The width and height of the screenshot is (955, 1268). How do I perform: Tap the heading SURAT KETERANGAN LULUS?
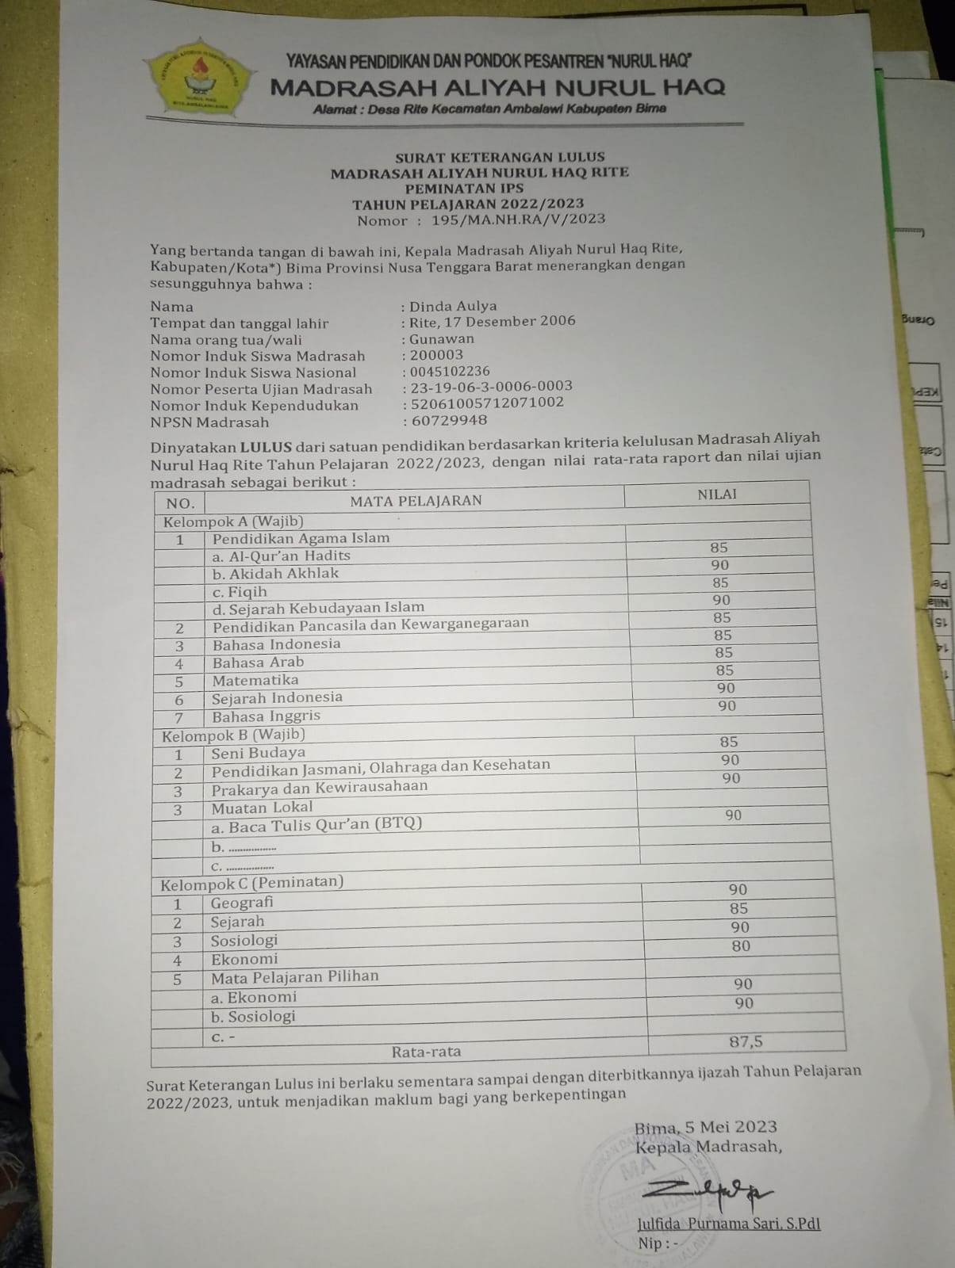tap(500, 157)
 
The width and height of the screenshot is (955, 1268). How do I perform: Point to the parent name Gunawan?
tap(442, 338)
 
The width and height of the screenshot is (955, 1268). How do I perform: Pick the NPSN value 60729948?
tap(448, 420)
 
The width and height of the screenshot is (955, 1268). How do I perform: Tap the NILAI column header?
tap(717, 494)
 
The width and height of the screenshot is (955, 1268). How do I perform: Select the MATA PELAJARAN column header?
tap(416, 500)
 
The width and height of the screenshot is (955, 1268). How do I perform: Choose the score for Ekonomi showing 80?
tap(741, 945)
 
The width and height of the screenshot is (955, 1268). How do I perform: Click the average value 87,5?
tap(746, 1041)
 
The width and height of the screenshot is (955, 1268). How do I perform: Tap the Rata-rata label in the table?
tap(426, 1052)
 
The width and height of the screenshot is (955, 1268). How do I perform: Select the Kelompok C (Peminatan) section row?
tap(252, 882)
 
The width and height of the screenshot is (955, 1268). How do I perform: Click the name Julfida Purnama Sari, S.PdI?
tap(728, 1224)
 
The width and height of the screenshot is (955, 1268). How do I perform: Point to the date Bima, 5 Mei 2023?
tap(705, 1126)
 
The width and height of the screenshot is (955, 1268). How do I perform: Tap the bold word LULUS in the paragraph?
tap(267, 446)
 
